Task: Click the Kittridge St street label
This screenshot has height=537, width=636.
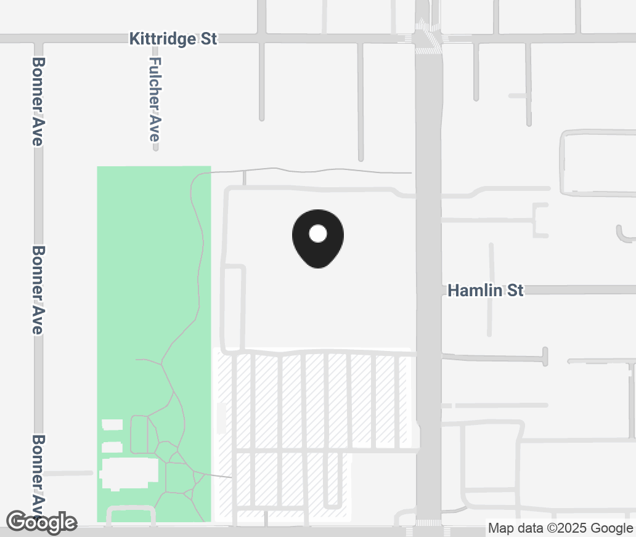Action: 173,39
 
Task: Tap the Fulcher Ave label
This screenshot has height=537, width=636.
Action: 155,100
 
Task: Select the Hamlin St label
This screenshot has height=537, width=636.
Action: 486,290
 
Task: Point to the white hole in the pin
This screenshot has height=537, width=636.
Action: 317,233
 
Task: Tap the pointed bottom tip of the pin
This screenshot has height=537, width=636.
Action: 317,267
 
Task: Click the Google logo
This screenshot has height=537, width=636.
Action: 43,522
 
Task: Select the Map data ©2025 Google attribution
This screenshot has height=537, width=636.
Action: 560,528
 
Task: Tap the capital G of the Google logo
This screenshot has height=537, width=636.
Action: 18,522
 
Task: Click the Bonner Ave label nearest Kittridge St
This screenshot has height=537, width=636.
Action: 38,102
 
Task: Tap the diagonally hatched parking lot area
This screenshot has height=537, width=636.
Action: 314,400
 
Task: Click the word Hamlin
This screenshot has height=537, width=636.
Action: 475,290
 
